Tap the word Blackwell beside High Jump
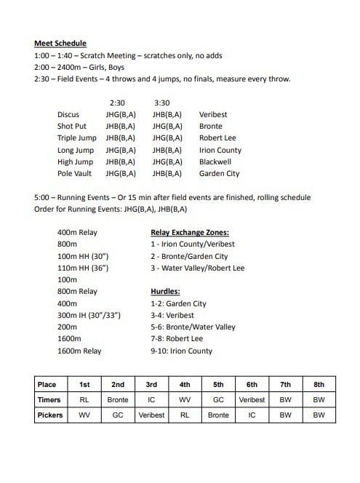219,162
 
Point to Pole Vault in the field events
75,174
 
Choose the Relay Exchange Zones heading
190,233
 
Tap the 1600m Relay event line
80,351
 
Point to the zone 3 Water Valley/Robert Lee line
197,268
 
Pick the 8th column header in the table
319,384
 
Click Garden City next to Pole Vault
220,174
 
